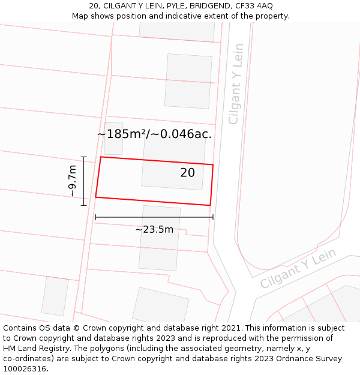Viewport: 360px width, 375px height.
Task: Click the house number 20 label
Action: [187, 173]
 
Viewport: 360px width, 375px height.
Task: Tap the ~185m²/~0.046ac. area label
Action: [154, 134]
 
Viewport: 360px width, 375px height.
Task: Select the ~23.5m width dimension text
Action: [154, 229]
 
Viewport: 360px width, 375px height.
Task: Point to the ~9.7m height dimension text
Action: [72, 181]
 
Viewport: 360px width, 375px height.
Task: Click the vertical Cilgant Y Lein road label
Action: [236, 84]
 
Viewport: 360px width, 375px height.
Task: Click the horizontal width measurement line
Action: [154, 217]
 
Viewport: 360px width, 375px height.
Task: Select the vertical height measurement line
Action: [84, 181]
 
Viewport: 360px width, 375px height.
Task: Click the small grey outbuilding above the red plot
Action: [113, 139]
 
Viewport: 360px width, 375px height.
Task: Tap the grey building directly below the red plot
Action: [159, 238]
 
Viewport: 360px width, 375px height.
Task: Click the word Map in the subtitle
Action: [81, 16]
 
